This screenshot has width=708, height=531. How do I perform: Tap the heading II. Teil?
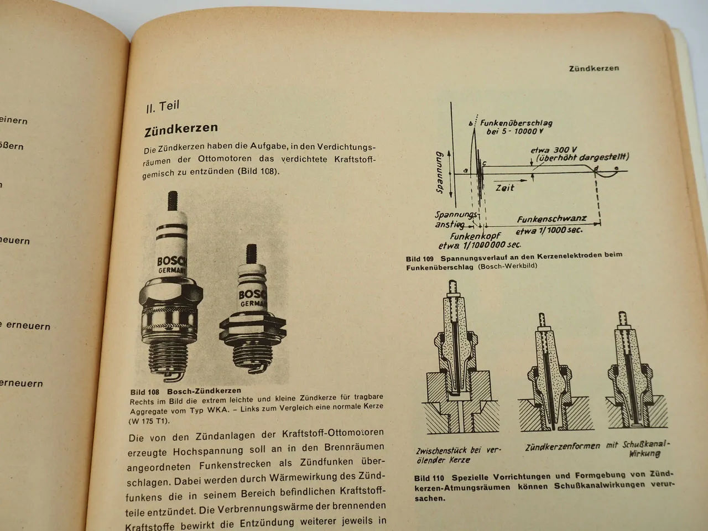coord(163,106)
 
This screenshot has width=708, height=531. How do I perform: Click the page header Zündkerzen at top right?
coord(594,69)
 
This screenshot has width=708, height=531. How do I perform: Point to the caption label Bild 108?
coord(144,391)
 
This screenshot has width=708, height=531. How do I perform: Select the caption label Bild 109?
coord(420,258)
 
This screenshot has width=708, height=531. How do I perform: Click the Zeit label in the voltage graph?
coord(504,188)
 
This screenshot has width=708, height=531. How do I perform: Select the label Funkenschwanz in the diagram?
coord(551,219)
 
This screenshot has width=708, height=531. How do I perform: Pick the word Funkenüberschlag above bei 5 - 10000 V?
coord(516,123)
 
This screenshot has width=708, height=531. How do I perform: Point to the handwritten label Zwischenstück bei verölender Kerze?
coord(458,455)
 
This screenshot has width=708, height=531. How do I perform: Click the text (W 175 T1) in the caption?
coord(149,421)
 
